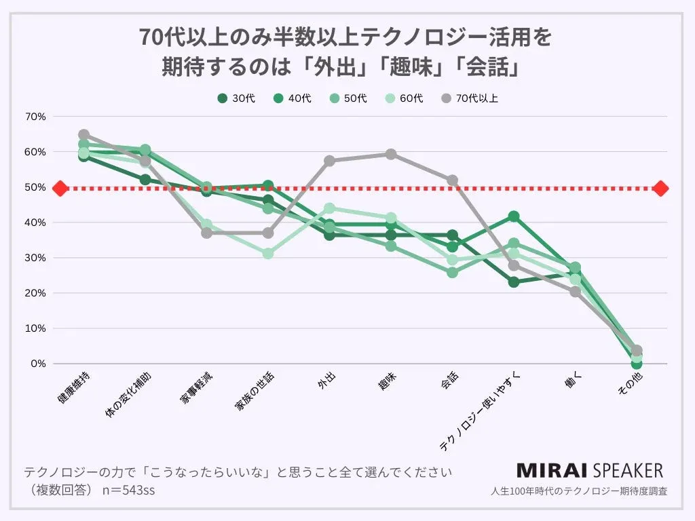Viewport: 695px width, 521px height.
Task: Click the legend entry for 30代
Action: tap(236, 98)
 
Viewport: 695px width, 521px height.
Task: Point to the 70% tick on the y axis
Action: tap(35, 117)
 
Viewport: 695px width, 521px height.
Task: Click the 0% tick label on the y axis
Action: tap(38, 364)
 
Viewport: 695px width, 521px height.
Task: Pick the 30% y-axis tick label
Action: tap(35, 258)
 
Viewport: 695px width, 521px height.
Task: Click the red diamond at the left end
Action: tap(60, 188)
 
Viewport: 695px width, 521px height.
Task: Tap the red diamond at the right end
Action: tap(661, 188)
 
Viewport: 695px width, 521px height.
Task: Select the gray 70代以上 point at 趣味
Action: tap(391, 154)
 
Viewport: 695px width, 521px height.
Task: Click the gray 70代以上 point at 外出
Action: tap(329, 161)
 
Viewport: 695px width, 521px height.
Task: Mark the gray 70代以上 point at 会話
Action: tap(452, 180)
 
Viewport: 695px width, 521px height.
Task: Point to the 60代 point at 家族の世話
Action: tap(268, 253)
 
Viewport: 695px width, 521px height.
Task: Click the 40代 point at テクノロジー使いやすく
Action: tap(514, 216)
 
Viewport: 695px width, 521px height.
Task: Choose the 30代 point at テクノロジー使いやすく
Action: tap(514, 282)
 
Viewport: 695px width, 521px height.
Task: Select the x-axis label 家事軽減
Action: tap(196, 389)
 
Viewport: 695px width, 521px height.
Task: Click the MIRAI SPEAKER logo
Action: tap(589, 470)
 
